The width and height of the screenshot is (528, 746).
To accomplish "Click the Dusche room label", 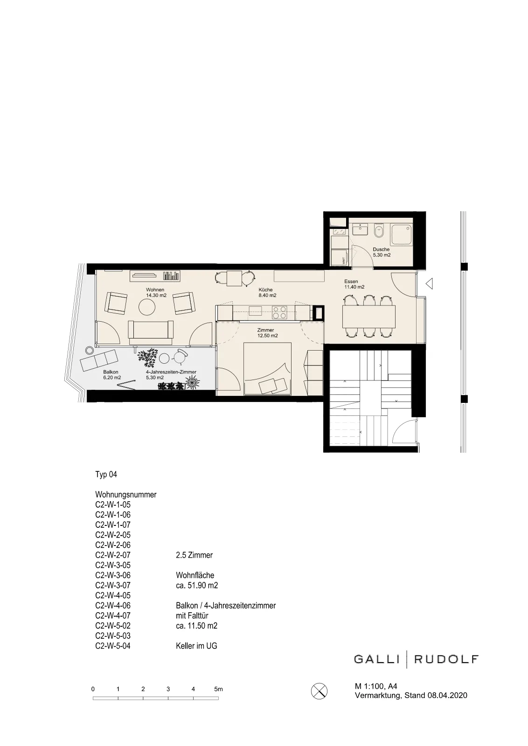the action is point(381,252).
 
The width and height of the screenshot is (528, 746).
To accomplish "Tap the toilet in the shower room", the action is point(379,230).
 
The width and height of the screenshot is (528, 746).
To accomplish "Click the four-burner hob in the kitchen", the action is point(279,313).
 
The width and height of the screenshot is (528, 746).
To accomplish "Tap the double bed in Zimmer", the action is point(267,369).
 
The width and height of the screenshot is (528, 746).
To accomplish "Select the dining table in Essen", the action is point(369,317).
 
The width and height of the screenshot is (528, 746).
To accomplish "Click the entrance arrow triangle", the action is point(429,284).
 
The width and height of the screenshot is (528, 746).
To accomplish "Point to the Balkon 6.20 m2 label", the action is point(112,375).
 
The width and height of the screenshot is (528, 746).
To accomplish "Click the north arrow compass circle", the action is point(319,691).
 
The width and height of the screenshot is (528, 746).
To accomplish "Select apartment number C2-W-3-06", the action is point(113,575).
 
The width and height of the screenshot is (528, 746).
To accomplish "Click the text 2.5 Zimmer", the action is point(194,555).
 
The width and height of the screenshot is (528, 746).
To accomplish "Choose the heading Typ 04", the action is point(106,474).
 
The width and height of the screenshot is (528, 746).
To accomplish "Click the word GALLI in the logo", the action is point(376,659).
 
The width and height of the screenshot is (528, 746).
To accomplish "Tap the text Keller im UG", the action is point(196,646).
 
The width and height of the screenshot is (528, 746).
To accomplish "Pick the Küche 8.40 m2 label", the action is point(267,292).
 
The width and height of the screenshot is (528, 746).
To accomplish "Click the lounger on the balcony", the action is point(98,360).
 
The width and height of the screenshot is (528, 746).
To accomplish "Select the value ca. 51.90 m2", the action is point(197,585).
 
